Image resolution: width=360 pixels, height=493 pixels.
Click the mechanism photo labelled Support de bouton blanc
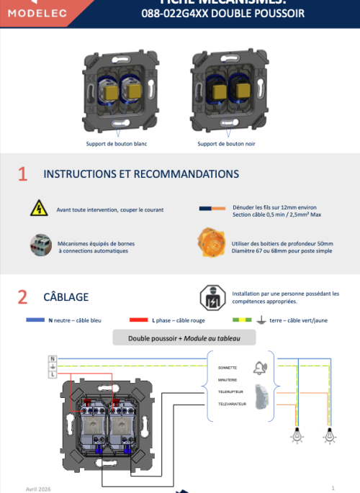[117, 90]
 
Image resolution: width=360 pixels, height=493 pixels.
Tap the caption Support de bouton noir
[226, 143]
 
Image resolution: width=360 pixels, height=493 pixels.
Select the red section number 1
[22, 174]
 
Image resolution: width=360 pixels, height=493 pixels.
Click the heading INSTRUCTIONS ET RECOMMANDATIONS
[141, 174]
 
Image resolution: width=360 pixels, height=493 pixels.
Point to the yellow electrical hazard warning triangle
[37, 209]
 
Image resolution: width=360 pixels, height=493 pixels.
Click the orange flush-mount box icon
[209, 243]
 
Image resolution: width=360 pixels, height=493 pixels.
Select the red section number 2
[22, 297]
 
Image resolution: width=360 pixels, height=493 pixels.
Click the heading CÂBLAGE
[66, 297]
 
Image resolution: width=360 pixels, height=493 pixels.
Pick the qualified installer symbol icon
[212, 296]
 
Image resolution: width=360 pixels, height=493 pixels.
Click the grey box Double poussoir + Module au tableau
[184, 338]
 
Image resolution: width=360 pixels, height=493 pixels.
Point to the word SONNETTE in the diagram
[228, 367]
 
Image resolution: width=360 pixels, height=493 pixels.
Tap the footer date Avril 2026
[38, 488]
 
